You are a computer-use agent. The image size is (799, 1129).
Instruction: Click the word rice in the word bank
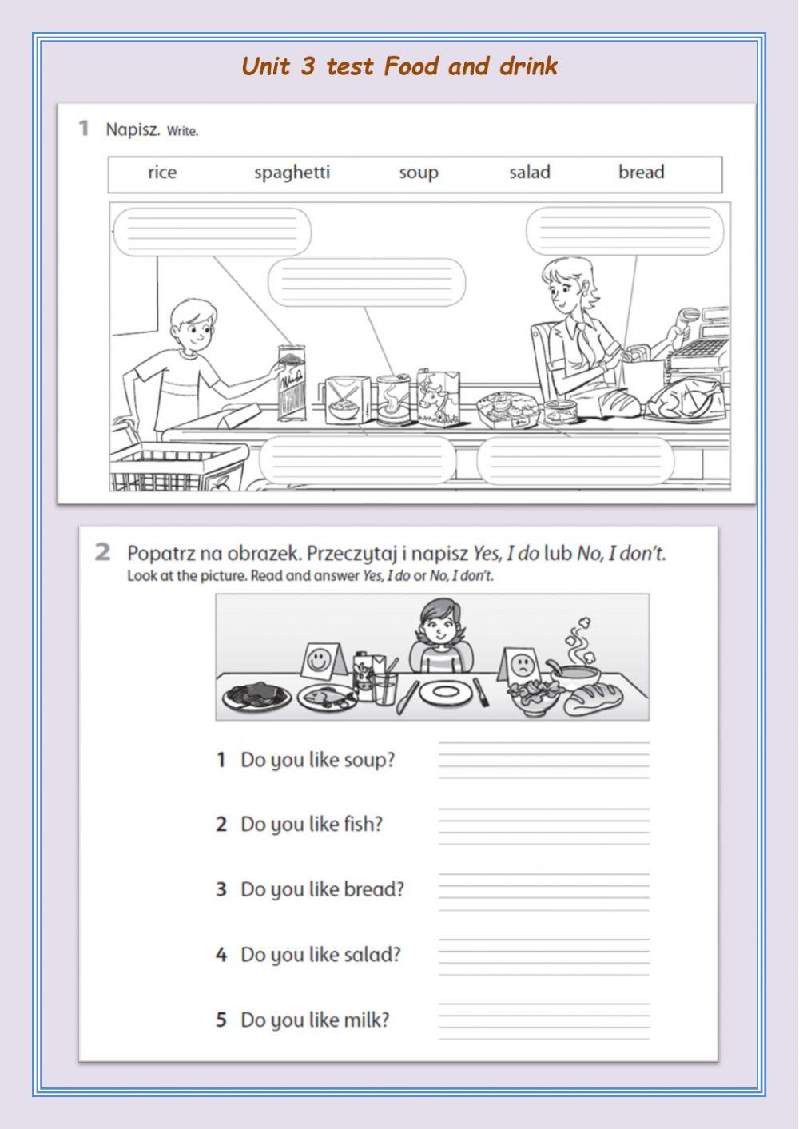coord(162,173)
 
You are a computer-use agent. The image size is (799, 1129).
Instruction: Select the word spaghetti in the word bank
coord(292,173)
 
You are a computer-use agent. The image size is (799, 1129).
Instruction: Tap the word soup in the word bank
coord(419,173)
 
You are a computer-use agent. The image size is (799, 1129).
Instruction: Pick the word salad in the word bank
coord(530,173)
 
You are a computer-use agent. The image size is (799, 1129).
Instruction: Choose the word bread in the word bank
coord(641,173)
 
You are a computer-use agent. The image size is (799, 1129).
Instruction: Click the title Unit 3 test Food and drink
coord(399,66)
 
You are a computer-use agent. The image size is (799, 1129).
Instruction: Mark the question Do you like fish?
coord(311,825)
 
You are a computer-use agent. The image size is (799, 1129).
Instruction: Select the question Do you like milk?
coord(314,1020)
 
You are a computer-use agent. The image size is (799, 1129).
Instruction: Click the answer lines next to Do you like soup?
coord(543,760)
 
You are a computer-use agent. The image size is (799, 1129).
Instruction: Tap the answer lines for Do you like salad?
coord(543,955)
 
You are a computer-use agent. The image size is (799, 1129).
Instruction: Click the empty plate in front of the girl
coord(443,693)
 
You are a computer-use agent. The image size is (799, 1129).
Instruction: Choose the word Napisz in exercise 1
coord(133,129)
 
